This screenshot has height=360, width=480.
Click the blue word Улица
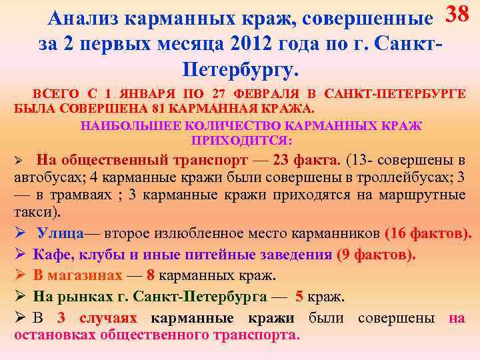[60, 233]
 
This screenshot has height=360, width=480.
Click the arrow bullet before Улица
[20, 233]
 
